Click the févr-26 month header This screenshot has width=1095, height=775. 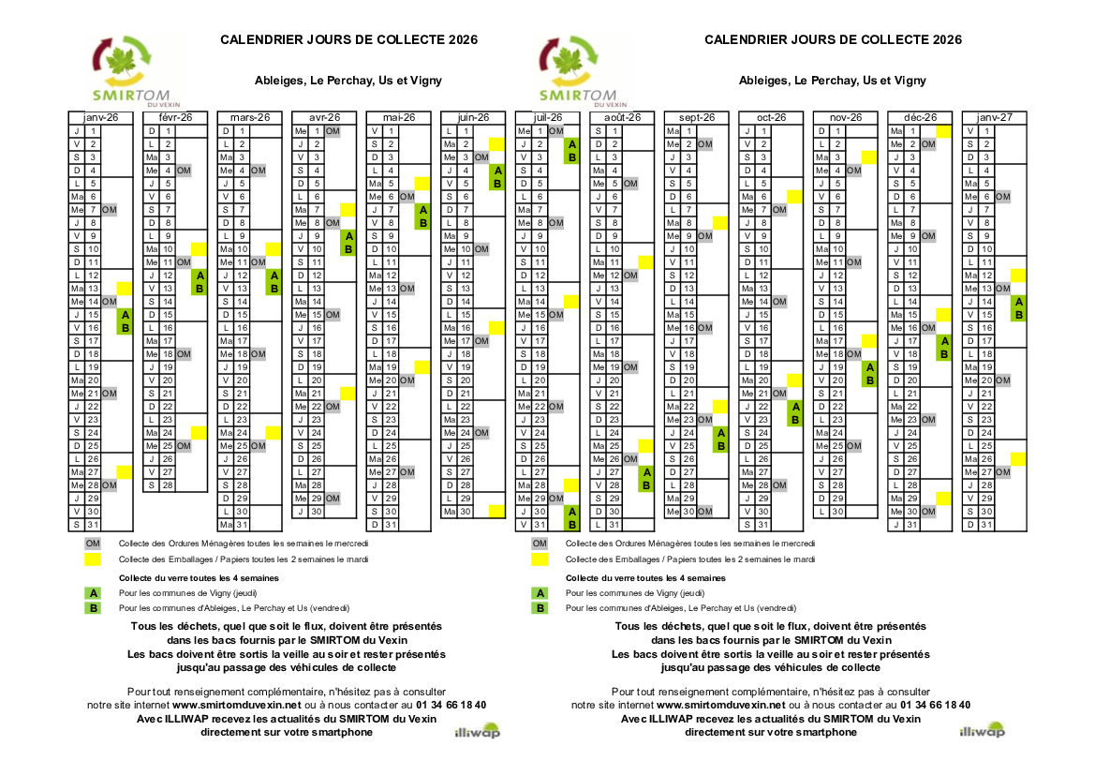point(175,117)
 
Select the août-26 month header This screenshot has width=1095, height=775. point(622,117)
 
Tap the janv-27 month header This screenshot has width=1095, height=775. point(994,117)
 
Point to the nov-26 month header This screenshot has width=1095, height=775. point(845,117)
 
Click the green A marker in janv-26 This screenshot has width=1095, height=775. point(125,316)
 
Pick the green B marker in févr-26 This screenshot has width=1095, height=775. point(199,289)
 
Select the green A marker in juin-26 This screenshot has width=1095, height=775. point(496,171)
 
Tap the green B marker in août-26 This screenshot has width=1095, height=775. point(645,485)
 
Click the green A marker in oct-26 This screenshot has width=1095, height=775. point(794,407)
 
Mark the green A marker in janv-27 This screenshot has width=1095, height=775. point(1018,302)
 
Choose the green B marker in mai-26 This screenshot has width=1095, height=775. point(422,223)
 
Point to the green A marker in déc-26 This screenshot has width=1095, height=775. point(944,341)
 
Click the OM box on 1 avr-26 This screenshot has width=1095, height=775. point(332,131)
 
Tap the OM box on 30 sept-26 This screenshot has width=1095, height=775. point(704,512)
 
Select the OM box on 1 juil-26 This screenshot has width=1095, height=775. point(555,131)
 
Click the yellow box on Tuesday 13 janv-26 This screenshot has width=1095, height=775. point(125,289)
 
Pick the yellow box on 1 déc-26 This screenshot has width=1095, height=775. point(944,131)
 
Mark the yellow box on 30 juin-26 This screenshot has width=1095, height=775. point(496,512)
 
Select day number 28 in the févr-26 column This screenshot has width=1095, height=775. point(167,485)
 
